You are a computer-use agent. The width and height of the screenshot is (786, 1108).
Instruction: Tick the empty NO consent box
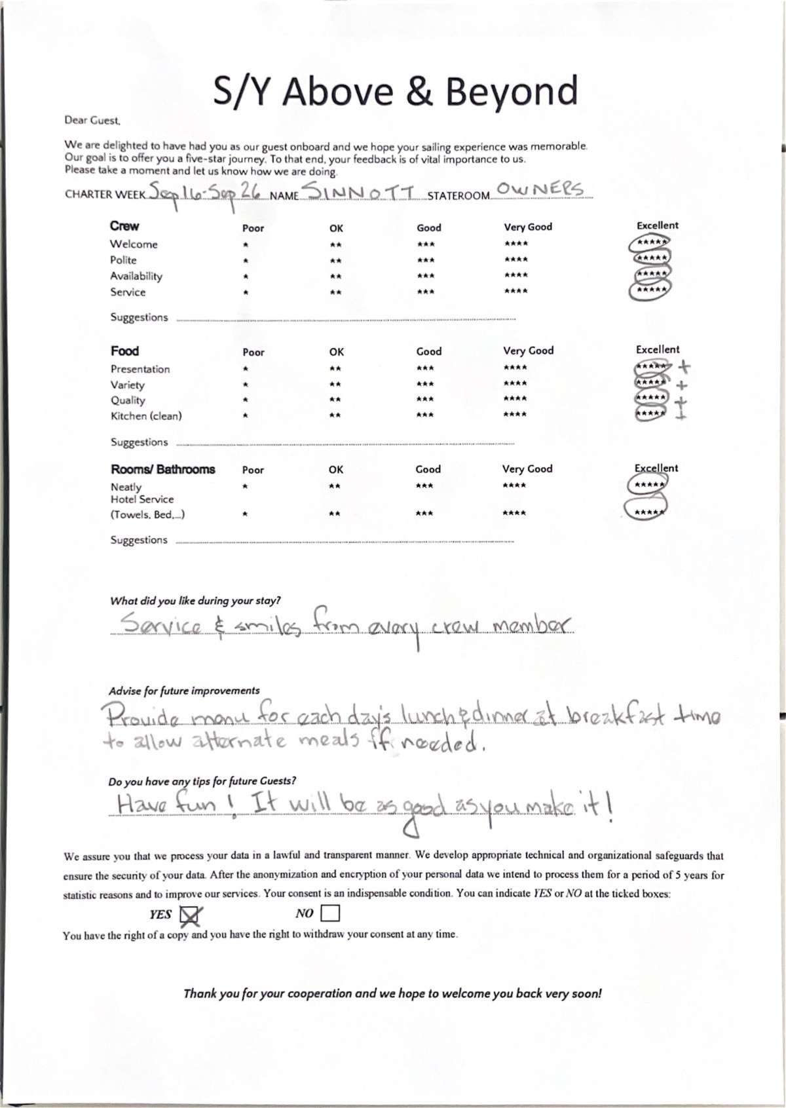(x=330, y=913)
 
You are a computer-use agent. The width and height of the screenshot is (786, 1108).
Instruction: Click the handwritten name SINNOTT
(x=360, y=192)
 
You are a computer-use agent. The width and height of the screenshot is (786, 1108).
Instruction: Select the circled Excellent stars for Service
(x=649, y=290)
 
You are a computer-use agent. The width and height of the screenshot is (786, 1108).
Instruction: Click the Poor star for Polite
(x=245, y=261)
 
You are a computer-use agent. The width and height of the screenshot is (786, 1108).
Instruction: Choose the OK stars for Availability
(x=335, y=277)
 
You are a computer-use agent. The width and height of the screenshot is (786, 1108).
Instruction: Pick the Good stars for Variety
(x=425, y=384)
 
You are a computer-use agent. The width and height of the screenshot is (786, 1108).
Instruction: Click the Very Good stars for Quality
(x=515, y=399)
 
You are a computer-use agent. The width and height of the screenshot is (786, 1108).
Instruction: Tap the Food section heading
(x=124, y=351)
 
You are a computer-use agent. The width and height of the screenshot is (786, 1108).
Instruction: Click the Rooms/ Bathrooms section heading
(x=162, y=469)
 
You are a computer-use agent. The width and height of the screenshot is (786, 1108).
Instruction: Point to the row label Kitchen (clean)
(x=146, y=416)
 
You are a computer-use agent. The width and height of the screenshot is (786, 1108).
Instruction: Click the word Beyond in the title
(x=512, y=92)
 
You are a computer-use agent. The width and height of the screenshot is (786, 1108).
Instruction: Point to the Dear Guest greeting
(x=92, y=121)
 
